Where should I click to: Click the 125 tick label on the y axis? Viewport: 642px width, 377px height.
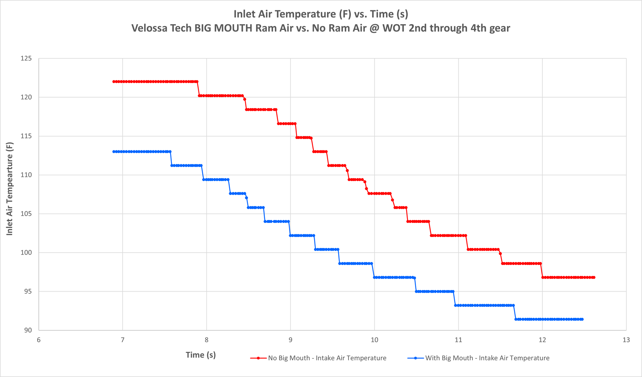tap(27, 59)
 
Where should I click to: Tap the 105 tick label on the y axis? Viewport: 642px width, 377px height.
tap(27, 214)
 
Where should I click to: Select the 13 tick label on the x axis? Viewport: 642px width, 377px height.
tap(626, 340)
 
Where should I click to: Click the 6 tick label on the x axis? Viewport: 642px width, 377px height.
tap(39, 340)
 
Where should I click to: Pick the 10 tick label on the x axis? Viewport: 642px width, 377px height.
tap(375, 340)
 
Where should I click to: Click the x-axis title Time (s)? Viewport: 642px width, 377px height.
tap(201, 355)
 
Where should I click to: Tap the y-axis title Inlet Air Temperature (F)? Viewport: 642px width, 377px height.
tap(10, 189)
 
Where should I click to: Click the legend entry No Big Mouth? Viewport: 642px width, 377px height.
tap(318, 358)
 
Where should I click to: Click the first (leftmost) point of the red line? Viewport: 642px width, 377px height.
tap(114, 82)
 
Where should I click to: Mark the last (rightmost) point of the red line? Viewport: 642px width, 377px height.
tap(594, 277)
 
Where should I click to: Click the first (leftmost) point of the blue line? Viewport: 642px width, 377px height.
tap(114, 152)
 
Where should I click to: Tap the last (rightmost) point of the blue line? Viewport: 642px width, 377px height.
tap(582, 319)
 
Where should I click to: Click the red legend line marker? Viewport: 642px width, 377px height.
tap(258, 358)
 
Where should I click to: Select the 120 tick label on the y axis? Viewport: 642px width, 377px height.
tap(27, 97)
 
